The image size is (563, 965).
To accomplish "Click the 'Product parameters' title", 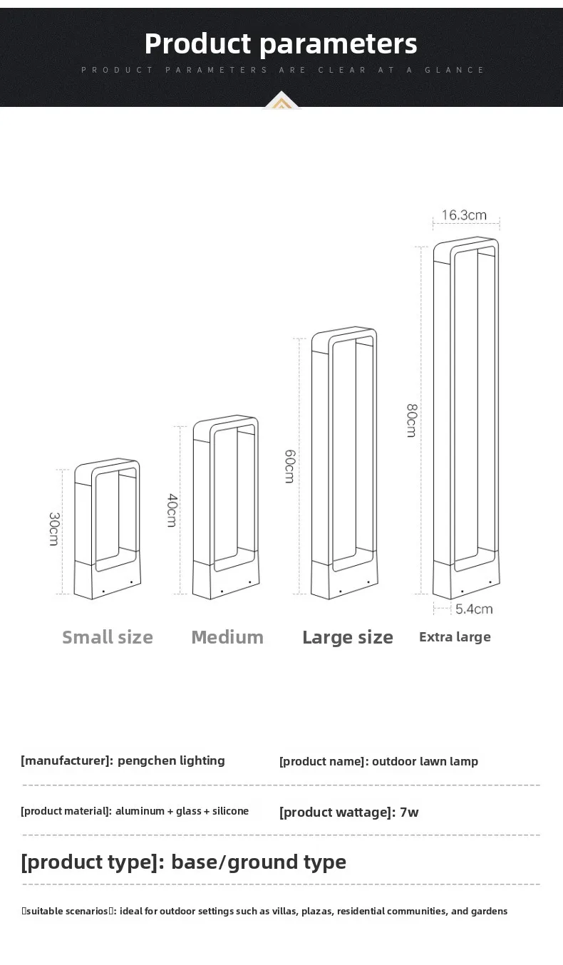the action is pos(281,43).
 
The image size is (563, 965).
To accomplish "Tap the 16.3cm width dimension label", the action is pos(464,215).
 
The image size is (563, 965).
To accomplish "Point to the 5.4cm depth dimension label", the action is pos(474,609).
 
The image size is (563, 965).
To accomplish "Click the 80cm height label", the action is pos(411,420).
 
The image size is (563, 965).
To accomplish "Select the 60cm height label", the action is pos(289,466).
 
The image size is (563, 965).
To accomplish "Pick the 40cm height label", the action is pos(172,510).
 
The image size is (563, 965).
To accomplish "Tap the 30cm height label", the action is pos(53,529).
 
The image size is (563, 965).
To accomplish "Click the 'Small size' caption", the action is pos(108,637).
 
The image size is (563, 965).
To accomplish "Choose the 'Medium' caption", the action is pos(227,637).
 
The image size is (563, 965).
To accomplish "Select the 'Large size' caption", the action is pos(348,637).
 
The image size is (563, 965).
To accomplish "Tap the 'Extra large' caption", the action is pos(455,637).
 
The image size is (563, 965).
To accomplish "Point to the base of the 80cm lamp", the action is pos(465,584).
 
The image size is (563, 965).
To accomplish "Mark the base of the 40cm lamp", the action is pos(225,584).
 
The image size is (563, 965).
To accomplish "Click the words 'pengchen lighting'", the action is pos(171,760).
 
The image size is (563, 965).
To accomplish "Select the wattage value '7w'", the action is pos(409,812).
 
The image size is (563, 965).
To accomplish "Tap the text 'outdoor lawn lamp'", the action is pos(425,761).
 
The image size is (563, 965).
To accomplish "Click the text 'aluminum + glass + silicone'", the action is pos(182,811).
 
